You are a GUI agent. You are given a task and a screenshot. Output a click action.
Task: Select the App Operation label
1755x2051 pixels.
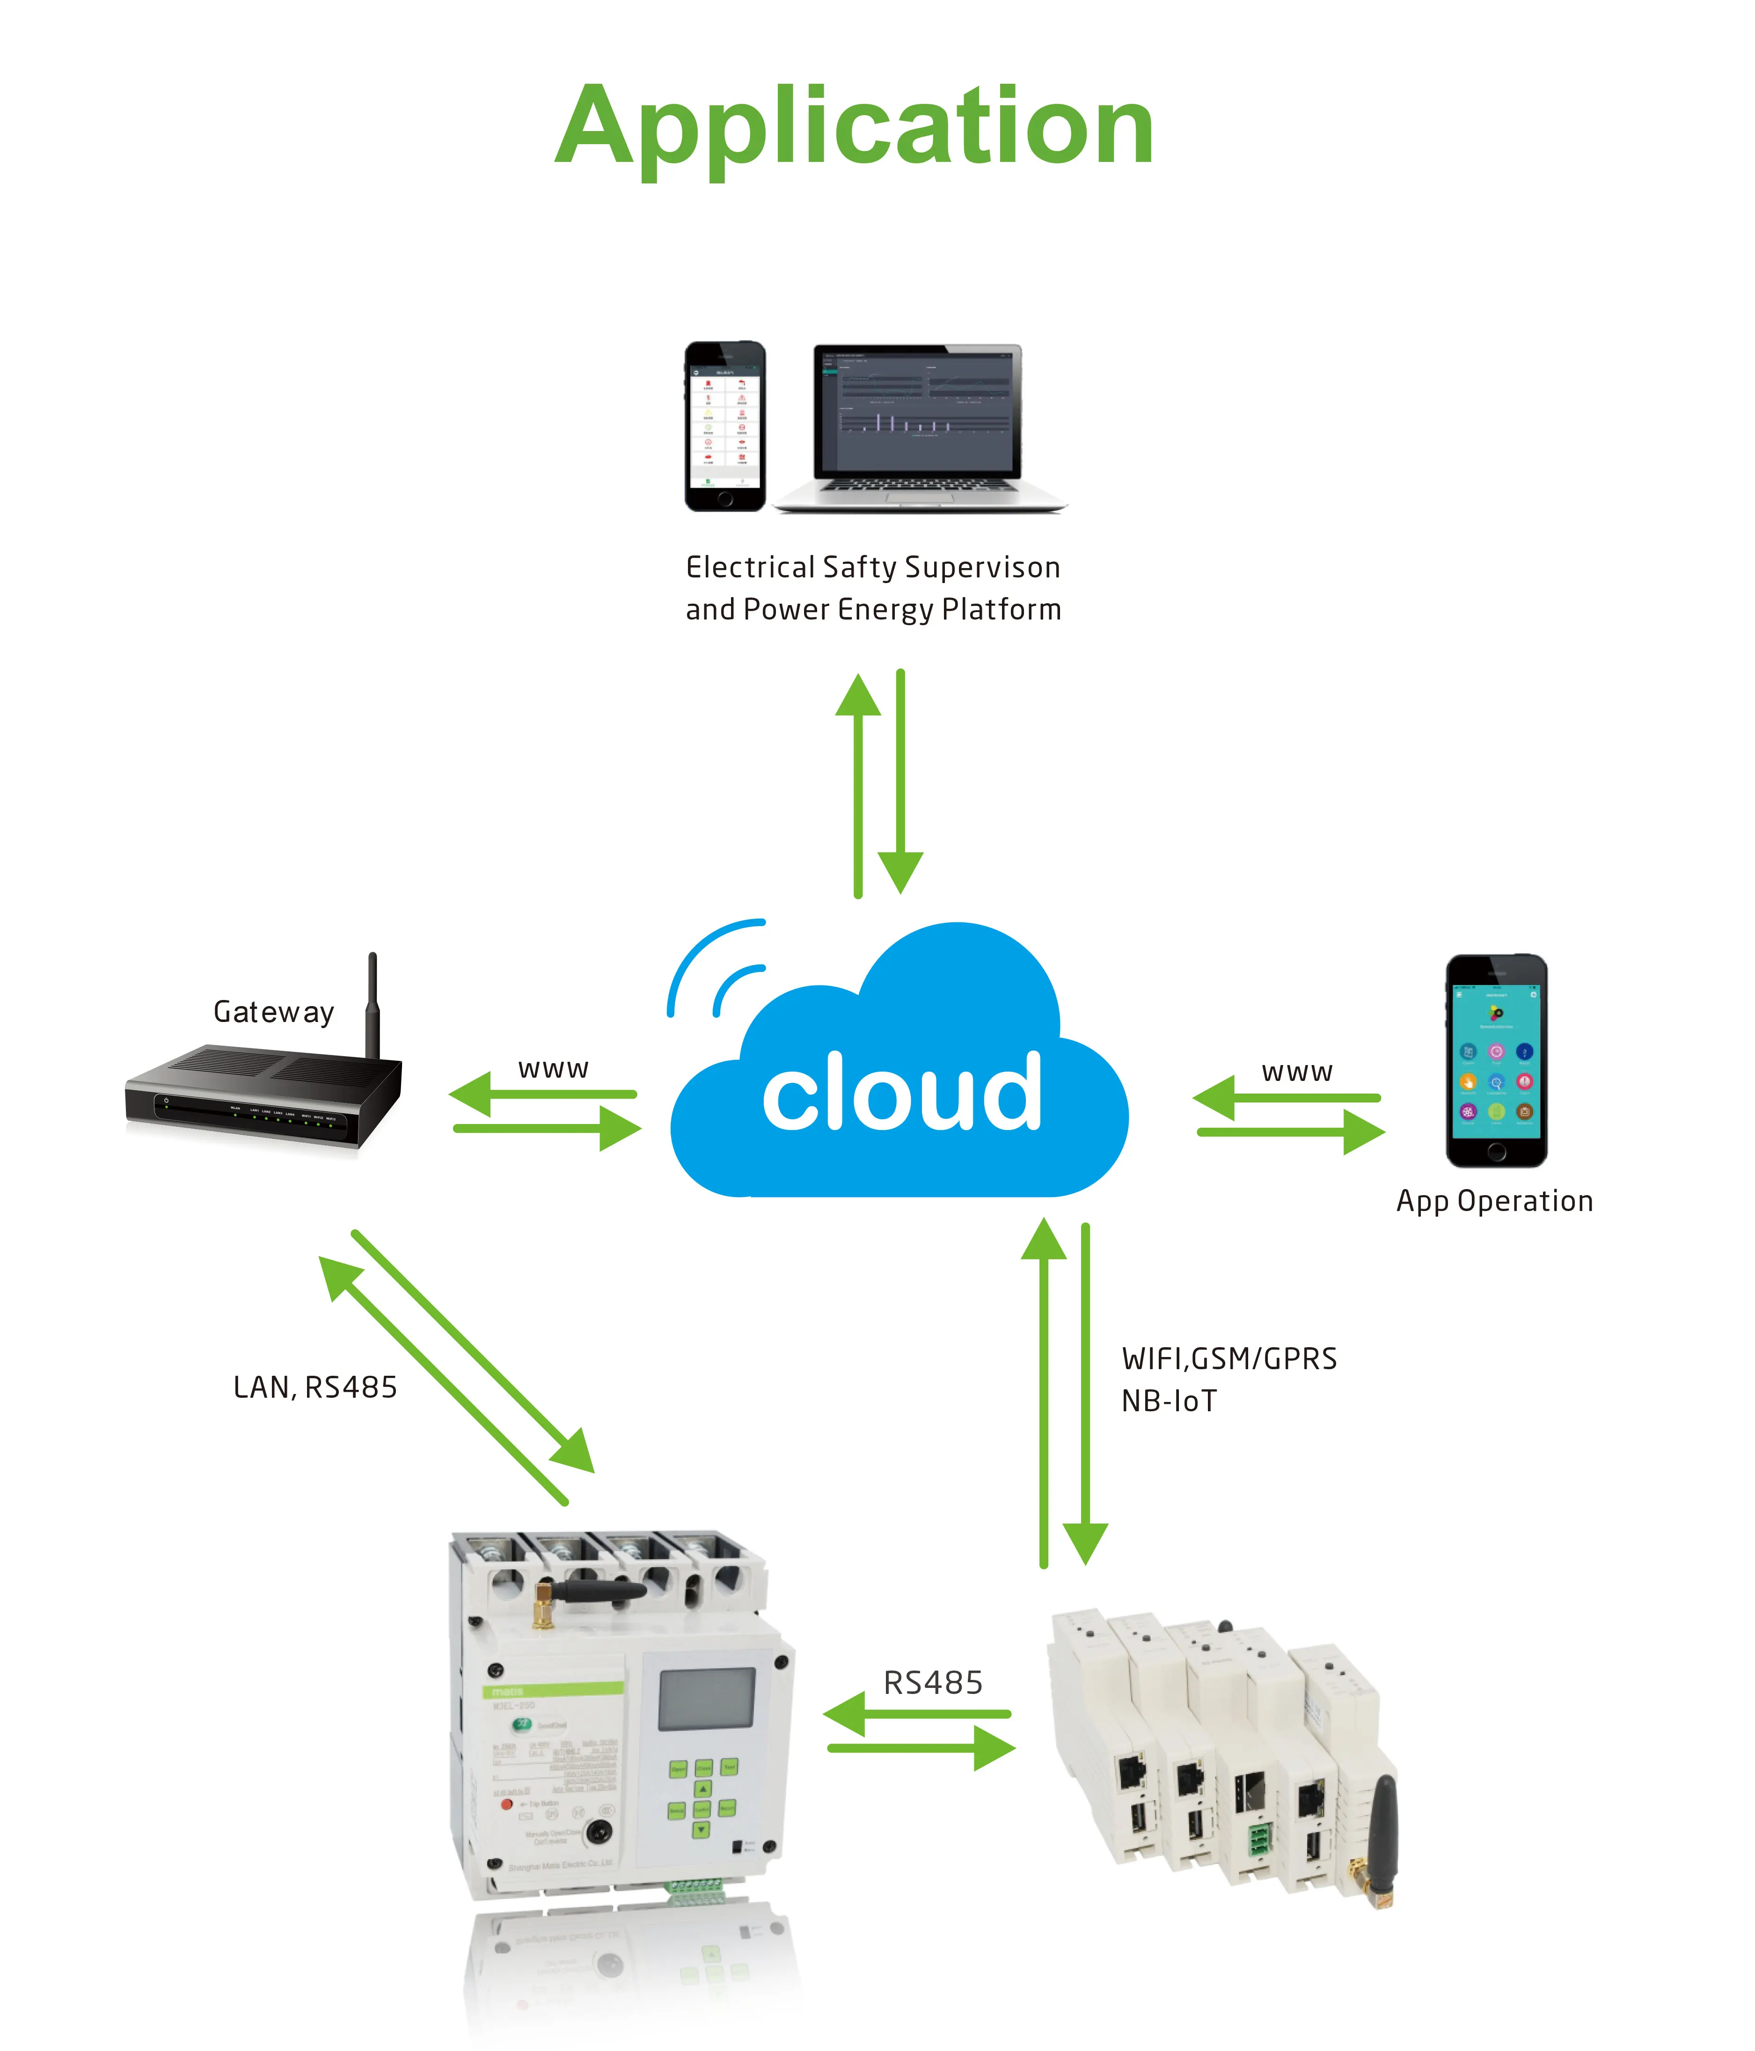1494,1201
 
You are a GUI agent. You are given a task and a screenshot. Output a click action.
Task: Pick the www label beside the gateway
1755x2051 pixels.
553,1069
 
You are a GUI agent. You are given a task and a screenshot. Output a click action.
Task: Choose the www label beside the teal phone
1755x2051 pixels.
1297,1072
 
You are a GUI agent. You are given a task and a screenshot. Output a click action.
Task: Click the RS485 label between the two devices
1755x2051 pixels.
932,1683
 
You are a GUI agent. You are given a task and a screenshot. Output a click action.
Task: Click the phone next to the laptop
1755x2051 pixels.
724,427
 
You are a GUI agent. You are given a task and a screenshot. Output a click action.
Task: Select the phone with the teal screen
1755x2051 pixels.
1496,1060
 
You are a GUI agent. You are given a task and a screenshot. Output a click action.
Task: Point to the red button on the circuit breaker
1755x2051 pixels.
507,1803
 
